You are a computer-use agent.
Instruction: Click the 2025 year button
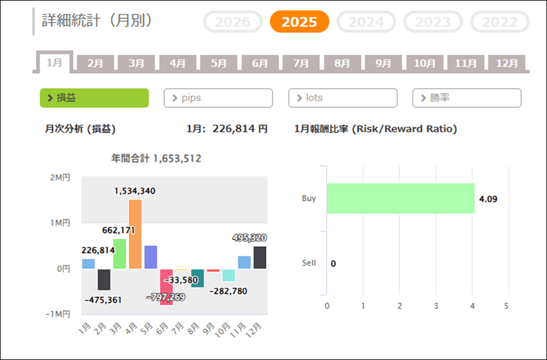[299, 22]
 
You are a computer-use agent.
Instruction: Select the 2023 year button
[433, 22]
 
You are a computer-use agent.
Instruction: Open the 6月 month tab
[260, 63]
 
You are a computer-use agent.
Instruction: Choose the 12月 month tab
[507, 63]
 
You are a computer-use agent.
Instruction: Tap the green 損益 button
[94, 98]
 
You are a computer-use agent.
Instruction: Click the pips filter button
[218, 98]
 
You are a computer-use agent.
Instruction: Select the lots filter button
[343, 98]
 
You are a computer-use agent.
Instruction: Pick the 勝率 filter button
[467, 98]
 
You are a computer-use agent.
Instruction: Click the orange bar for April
[135, 234]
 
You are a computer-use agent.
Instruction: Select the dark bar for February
[104, 279]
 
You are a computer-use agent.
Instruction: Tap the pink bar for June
[167, 286]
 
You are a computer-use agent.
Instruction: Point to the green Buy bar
[401, 198]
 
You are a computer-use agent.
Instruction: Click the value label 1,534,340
[135, 191]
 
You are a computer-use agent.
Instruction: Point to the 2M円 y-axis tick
[61, 178]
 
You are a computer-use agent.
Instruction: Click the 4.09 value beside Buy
[487, 199]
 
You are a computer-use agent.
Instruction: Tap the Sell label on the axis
[309, 263]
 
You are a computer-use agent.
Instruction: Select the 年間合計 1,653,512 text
[156, 159]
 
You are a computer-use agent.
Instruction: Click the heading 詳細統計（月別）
[97, 20]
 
